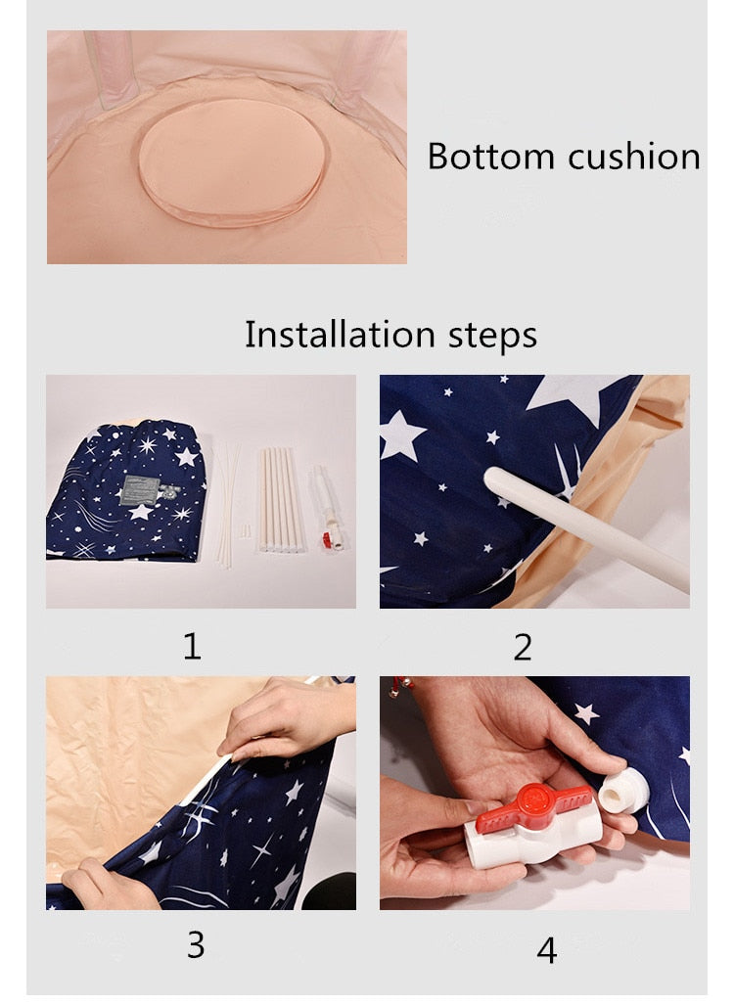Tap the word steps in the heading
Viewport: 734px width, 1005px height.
(488, 336)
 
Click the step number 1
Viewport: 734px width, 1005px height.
(192, 646)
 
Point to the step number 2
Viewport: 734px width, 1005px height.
(523, 646)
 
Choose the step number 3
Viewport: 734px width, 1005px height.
(196, 944)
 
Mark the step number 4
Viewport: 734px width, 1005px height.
(547, 948)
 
